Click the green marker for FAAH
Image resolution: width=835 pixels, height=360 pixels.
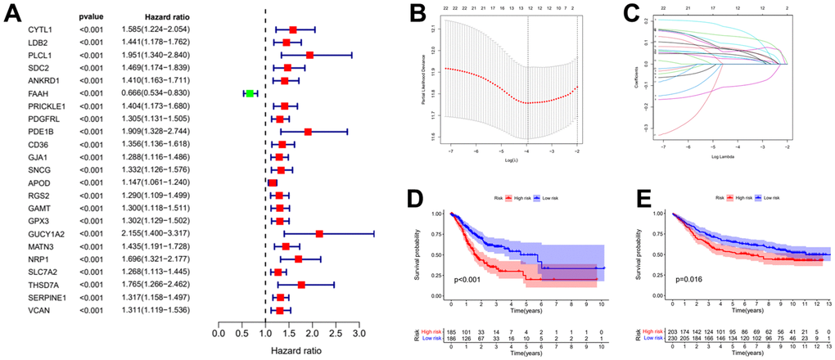click(x=250, y=93)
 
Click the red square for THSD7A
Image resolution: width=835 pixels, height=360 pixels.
click(x=301, y=285)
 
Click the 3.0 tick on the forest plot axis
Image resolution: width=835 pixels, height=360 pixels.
click(x=359, y=335)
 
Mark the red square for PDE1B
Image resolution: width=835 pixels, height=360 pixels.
click(x=308, y=132)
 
